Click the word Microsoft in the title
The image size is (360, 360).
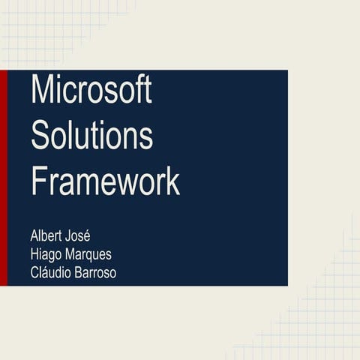(91, 91)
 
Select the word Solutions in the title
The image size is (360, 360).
(91, 136)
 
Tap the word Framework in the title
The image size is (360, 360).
(105, 181)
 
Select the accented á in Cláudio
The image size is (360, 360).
(46, 272)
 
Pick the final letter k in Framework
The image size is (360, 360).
(173, 181)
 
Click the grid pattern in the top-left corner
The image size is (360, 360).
(45, 30)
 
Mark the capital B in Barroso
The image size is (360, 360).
(79, 272)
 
